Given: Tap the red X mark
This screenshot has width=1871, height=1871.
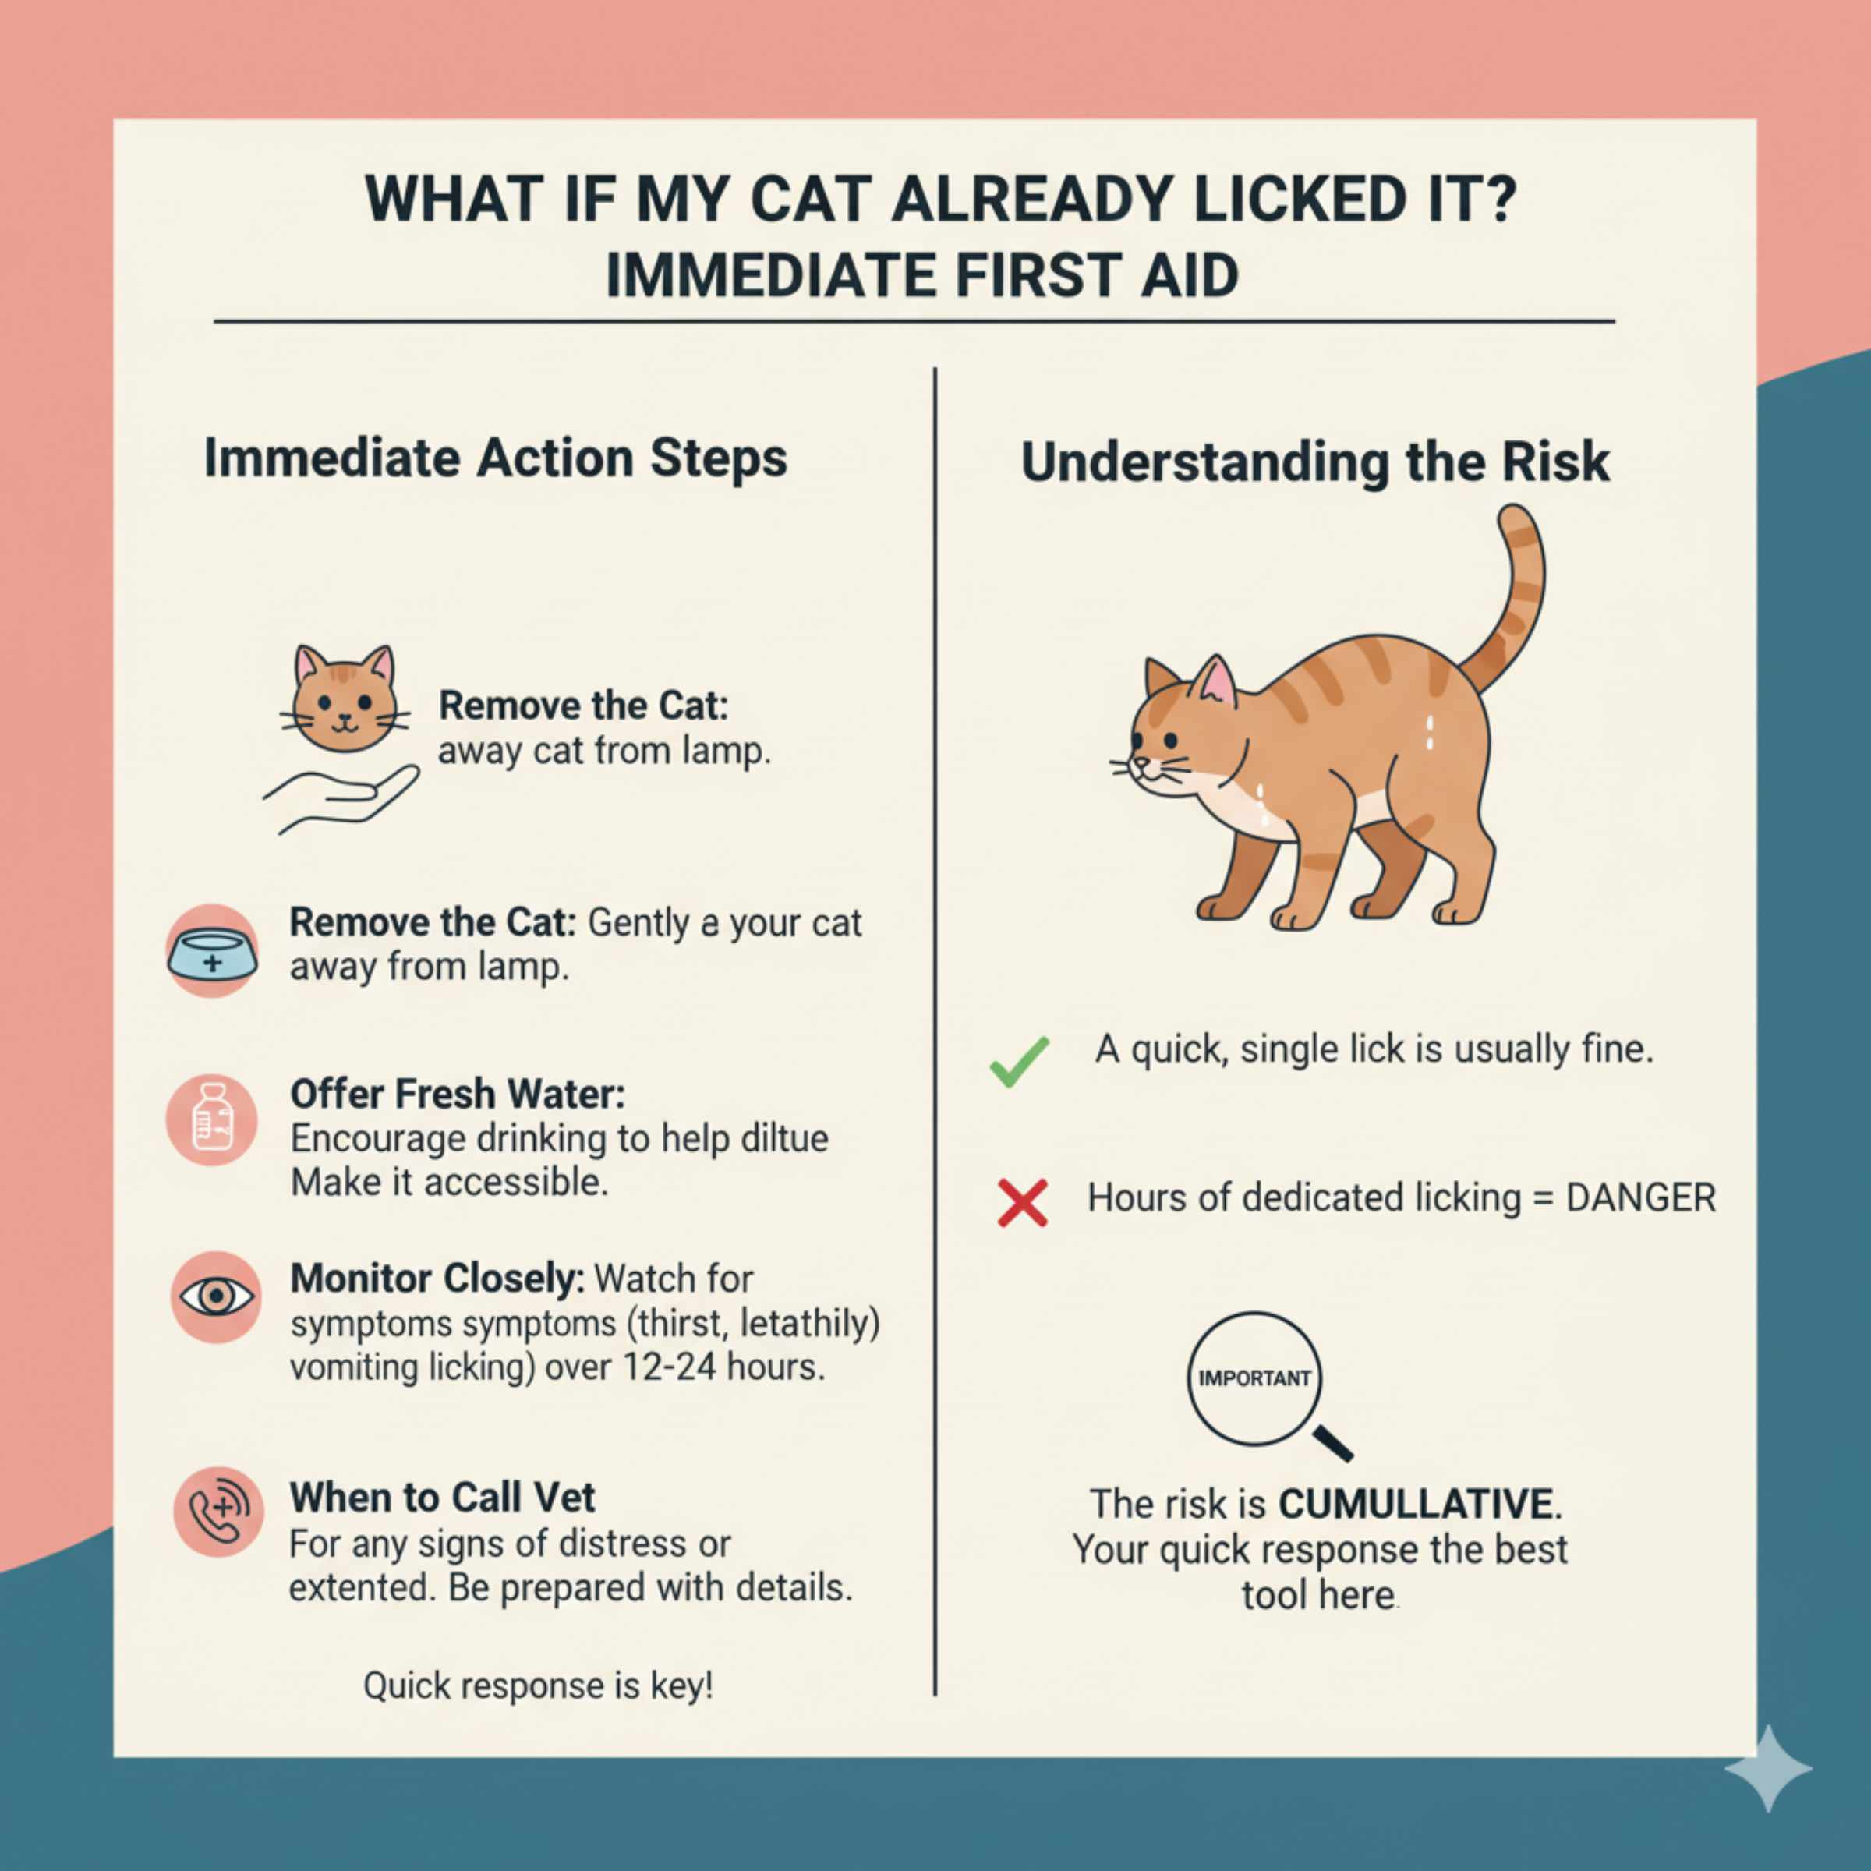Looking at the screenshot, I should [1023, 1204].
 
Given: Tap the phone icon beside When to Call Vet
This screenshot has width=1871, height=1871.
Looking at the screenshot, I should [218, 1512].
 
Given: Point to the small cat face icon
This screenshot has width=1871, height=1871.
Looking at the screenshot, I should [345, 699].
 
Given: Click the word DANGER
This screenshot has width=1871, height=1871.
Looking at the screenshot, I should [1640, 1198].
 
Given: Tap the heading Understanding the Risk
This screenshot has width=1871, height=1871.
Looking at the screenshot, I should [1315, 462].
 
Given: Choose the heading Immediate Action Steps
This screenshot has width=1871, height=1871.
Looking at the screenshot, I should [496, 458].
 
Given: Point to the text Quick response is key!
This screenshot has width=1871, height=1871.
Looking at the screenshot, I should [539, 1686].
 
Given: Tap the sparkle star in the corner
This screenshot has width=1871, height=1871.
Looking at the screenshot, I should [1767, 1767].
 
